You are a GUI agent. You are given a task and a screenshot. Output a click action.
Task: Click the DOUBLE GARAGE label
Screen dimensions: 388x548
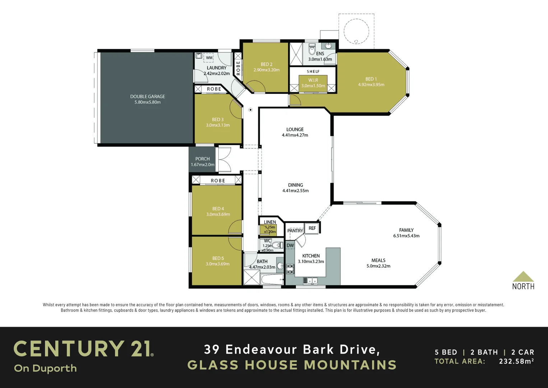[148, 96]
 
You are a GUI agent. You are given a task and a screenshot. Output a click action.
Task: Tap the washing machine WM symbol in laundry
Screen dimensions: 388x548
[209, 57]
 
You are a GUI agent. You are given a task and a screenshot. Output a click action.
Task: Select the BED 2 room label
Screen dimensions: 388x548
[266, 64]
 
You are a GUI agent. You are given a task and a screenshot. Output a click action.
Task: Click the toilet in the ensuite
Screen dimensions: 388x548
[312, 49]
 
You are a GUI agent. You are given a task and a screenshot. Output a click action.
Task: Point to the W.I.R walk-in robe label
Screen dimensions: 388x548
[313, 80]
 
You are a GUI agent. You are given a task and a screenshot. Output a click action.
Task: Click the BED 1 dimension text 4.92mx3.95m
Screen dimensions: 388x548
[371, 85]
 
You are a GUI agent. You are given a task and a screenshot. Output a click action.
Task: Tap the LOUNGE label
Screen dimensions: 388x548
[295, 129]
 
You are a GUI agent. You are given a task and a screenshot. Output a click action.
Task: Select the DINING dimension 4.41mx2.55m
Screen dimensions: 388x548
[295, 191]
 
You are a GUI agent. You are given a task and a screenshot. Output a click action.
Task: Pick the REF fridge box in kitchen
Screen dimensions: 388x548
[312, 228]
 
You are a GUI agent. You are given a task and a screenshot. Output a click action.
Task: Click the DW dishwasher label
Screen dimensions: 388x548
[290, 246]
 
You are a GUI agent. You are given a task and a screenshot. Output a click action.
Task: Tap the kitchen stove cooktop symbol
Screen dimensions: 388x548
[290, 269]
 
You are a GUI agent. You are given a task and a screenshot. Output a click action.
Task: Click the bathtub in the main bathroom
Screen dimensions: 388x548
[272, 280]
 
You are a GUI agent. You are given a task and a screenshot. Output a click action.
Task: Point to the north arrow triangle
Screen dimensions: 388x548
[523, 277]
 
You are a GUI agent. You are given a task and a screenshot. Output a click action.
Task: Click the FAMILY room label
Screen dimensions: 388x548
[406, 230]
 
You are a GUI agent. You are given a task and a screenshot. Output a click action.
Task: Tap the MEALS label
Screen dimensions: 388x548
[378, 260]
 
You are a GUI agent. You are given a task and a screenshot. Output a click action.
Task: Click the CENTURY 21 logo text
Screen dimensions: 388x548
[83, 349]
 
